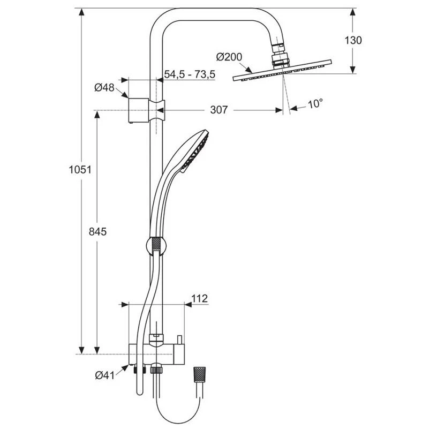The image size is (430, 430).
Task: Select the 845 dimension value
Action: click(x=99, y=231)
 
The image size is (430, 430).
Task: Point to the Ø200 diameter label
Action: click(x=229, y=56)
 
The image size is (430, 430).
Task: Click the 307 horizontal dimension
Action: click(x=218, y=110)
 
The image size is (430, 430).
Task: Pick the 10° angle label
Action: click(x=315, y=104)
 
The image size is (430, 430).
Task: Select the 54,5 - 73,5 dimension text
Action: click(x=189, y=75)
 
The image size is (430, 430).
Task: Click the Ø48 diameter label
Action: click(x=104, y=88)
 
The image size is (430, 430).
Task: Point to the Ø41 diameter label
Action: click(x=105, y=376)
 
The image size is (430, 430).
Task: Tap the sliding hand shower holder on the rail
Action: click(x=156, y=246)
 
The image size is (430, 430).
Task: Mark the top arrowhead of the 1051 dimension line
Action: click(x=82, y=12)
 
